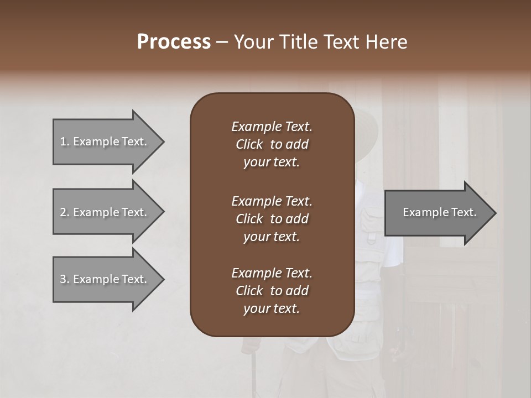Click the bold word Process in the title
[x=174, y=42]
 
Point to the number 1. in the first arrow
[x=64, y=142]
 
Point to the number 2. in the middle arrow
[x=64, y=212]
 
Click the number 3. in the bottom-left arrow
[x=64, y=279]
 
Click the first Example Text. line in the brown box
[x=272, y=127]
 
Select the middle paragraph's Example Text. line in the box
[x=272, y=201]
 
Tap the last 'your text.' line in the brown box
[x=272, y=309]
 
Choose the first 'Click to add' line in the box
[x=272, y=144]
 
